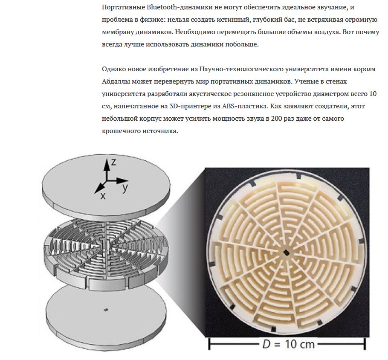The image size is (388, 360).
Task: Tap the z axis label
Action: pos(113,162)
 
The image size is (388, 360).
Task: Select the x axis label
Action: pos(103,196)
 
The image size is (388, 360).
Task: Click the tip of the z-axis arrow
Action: pos(107,159)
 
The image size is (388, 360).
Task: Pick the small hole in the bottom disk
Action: pos(106,310)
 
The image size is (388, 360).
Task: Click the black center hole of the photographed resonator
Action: pos(287,253)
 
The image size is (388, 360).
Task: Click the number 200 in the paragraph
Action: pos(276,118)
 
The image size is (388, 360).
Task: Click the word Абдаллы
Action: pos(116,81)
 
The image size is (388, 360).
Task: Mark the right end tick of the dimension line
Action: pos(364,344)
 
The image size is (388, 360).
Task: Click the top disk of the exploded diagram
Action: pos(107,184)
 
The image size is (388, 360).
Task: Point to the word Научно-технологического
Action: pos(241,69)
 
